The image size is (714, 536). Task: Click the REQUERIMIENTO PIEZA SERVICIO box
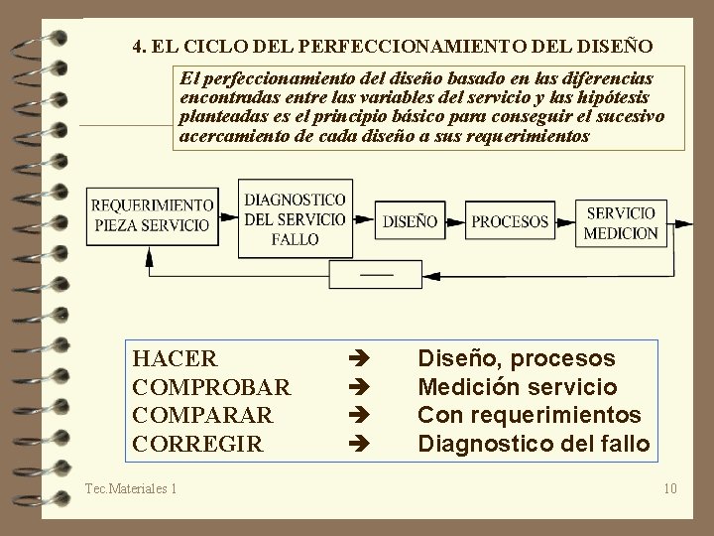[152, 214]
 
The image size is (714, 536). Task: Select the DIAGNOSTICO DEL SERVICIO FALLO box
[295, 218]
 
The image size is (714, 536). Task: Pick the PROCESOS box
[510, 221]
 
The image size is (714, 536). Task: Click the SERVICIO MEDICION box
[621, 222]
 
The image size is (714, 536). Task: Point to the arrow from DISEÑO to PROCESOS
[452, 221]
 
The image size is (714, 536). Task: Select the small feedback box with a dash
[376, 273]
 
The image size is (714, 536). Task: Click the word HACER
[175, 358]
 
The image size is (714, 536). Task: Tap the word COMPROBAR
[211, 386]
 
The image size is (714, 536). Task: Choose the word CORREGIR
[198, 443]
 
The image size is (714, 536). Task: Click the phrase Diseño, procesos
[517, 358]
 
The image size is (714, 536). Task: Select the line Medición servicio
[518, 386]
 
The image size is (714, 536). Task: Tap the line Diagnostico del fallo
[534, 443]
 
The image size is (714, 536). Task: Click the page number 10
[670, 487]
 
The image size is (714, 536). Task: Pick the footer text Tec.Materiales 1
[131, 487]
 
